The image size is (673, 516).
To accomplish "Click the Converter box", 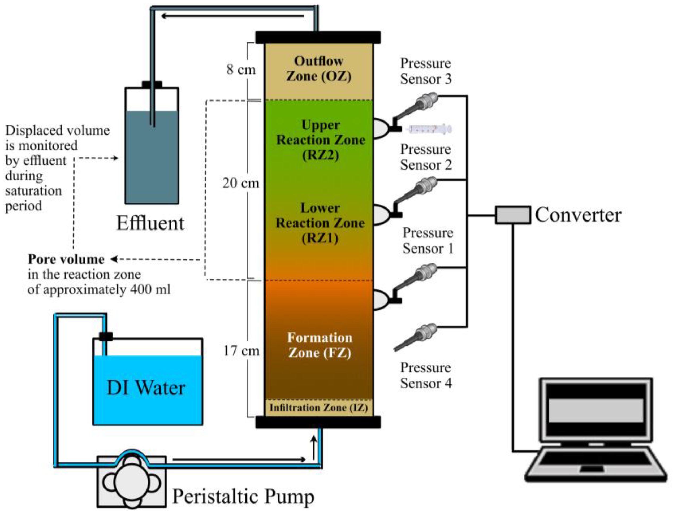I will [x=513, y=215].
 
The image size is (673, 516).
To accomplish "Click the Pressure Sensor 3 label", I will [x=425, y=71].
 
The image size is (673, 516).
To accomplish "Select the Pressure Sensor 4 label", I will [x=425, y=375].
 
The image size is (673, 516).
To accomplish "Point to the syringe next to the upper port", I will [x=430, y=129].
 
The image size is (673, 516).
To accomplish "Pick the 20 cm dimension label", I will [x=241, y=183].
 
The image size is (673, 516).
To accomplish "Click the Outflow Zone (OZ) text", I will [x=319, y=68].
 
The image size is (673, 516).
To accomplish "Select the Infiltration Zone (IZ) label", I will [x=319, y=408].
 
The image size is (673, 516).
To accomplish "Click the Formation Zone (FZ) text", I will [x=320, y=345].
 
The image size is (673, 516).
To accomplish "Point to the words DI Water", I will [x=146, y=388].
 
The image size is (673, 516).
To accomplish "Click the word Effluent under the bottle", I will [x=150, y=223].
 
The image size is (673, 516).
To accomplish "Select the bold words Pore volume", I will [x=66, y=259].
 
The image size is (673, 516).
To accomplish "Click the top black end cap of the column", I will [x=318, y=37].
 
